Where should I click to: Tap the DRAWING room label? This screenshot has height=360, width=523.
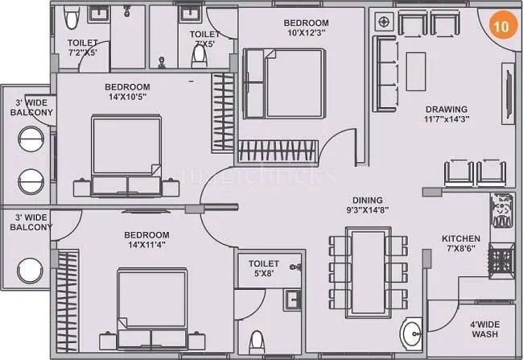tap(447, 110)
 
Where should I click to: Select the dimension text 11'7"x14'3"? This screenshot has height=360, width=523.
tap(447, 119)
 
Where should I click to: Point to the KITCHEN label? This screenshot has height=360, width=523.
tap(460, 239)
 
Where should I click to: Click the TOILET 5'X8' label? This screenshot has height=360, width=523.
tap(263, 269)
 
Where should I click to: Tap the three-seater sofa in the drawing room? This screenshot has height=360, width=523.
tap(381, 70)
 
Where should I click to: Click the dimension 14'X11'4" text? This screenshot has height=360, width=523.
tap(145, 246)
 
